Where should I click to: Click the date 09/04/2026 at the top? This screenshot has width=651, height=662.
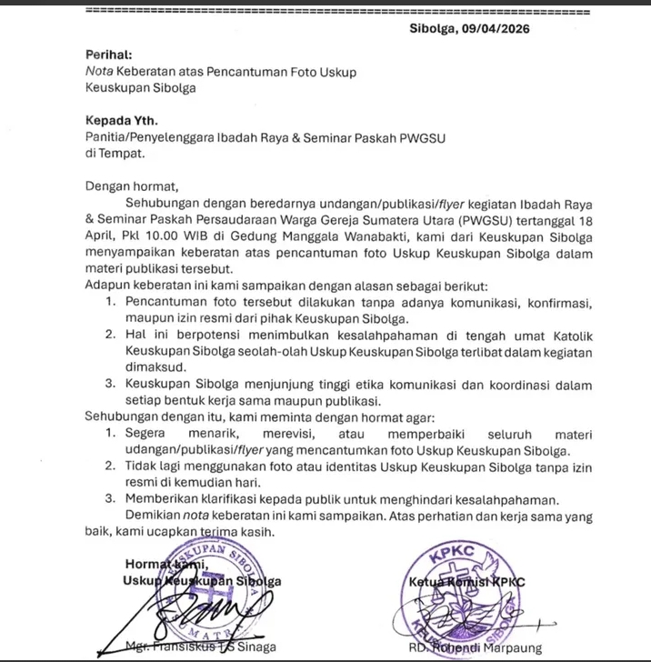(498, 28)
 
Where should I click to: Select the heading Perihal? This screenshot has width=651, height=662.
(108, 55)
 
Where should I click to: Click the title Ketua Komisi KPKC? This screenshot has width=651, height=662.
(480, 581)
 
